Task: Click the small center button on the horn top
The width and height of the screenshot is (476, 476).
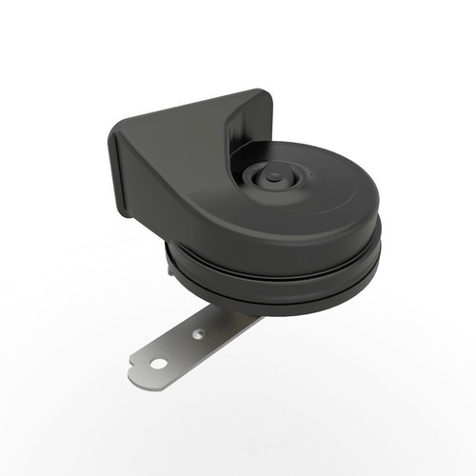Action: (x=272, y=176)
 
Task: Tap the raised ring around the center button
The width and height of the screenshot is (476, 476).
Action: (x=259, y=184)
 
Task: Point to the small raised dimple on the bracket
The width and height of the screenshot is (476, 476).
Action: (x=197, y=334)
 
